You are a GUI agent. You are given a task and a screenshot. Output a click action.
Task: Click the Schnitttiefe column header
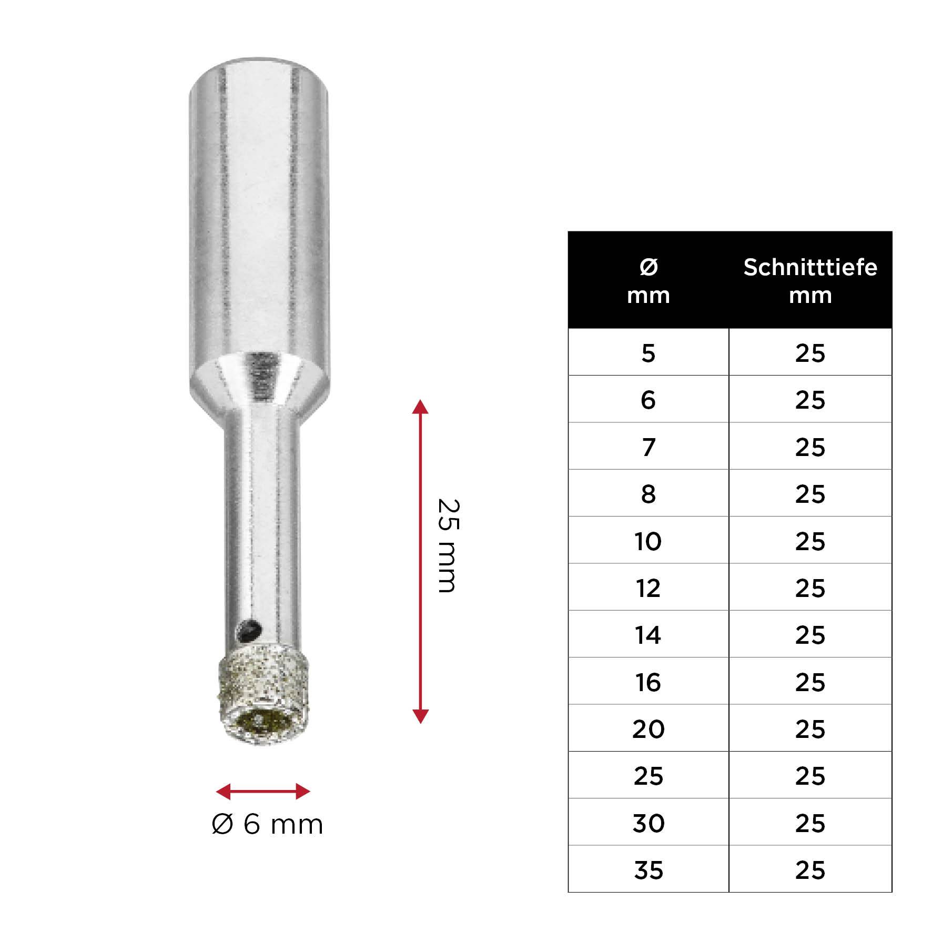click(x=810, y=281)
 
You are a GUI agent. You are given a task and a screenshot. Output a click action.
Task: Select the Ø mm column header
click(x=648, y=281)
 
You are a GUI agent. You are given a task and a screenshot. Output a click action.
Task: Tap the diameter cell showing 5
click(x=648, y=353)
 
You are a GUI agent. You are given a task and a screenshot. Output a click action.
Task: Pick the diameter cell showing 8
click(x=648, y=494)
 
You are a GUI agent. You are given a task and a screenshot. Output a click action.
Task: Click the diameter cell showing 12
click(x=648, y=588)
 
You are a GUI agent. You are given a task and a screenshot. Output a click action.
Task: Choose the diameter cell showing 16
click(x=648, y=682)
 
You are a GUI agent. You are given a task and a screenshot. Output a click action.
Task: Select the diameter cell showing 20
click(x=648, y=729)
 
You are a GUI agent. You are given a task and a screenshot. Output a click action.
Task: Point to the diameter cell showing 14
click(x=648, y=635)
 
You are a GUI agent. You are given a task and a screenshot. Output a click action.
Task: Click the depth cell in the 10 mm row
click(x=810, y=541)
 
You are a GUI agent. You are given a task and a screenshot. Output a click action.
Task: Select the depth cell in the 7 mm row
click(x=810, y=447)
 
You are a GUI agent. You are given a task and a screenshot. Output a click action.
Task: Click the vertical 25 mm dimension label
click(x=448, y=545)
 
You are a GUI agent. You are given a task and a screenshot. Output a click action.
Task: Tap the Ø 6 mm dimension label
click(x=267, y=824)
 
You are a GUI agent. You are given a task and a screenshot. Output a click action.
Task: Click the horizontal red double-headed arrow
click(x=263, y=791)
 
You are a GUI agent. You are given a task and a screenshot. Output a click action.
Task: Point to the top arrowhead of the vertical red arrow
click(x=420, y=407)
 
